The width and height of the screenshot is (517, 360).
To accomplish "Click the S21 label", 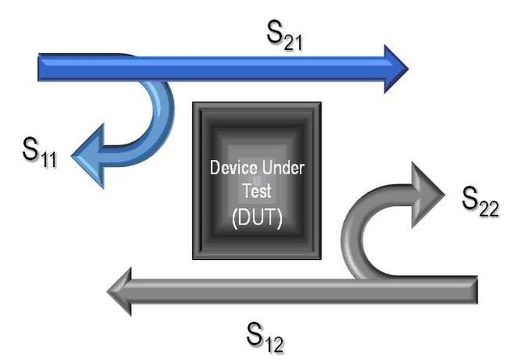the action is (x=284, y=36).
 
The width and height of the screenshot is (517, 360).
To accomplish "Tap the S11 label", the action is (x=40, y=153).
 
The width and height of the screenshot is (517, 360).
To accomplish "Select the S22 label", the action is (x=480, y=202).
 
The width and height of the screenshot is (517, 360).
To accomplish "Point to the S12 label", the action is (x=265, y=337).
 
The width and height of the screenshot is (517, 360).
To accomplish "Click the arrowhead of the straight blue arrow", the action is (x=397, y=69).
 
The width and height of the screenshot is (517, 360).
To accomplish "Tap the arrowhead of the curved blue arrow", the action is (x=88, y=156).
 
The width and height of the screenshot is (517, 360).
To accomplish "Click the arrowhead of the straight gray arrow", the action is (x=120, y=291).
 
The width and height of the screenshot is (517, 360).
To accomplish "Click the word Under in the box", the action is (x=283, y=168).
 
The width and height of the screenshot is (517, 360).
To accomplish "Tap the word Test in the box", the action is (x=257, y=190).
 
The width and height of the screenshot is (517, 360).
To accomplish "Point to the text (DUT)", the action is (x=257, y=218).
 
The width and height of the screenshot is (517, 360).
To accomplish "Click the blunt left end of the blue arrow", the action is (x=39, y=67).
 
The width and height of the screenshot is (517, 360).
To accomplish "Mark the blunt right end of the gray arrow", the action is (x=476, y=290).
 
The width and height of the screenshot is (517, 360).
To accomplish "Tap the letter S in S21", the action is (x=275, y=31).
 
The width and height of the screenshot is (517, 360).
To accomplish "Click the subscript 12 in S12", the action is (x=275, y=345).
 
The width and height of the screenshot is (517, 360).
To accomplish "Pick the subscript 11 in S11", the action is (x=48, y=159).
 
